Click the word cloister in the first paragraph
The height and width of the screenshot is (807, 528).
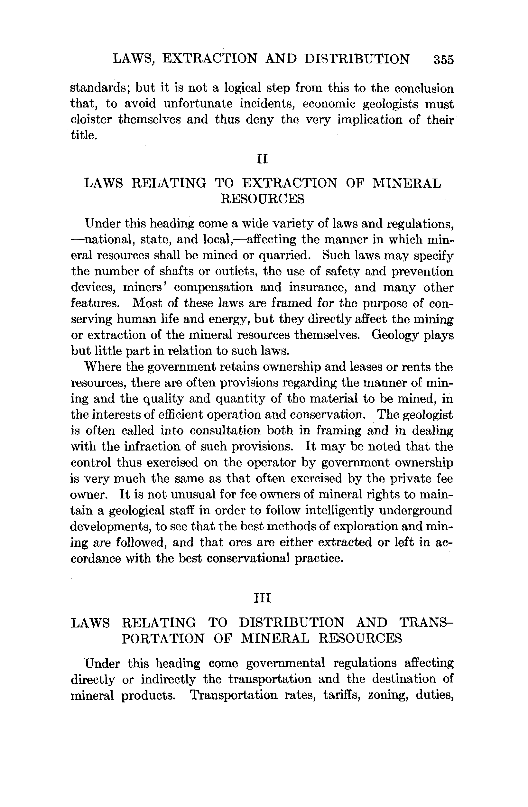(91, 119)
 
